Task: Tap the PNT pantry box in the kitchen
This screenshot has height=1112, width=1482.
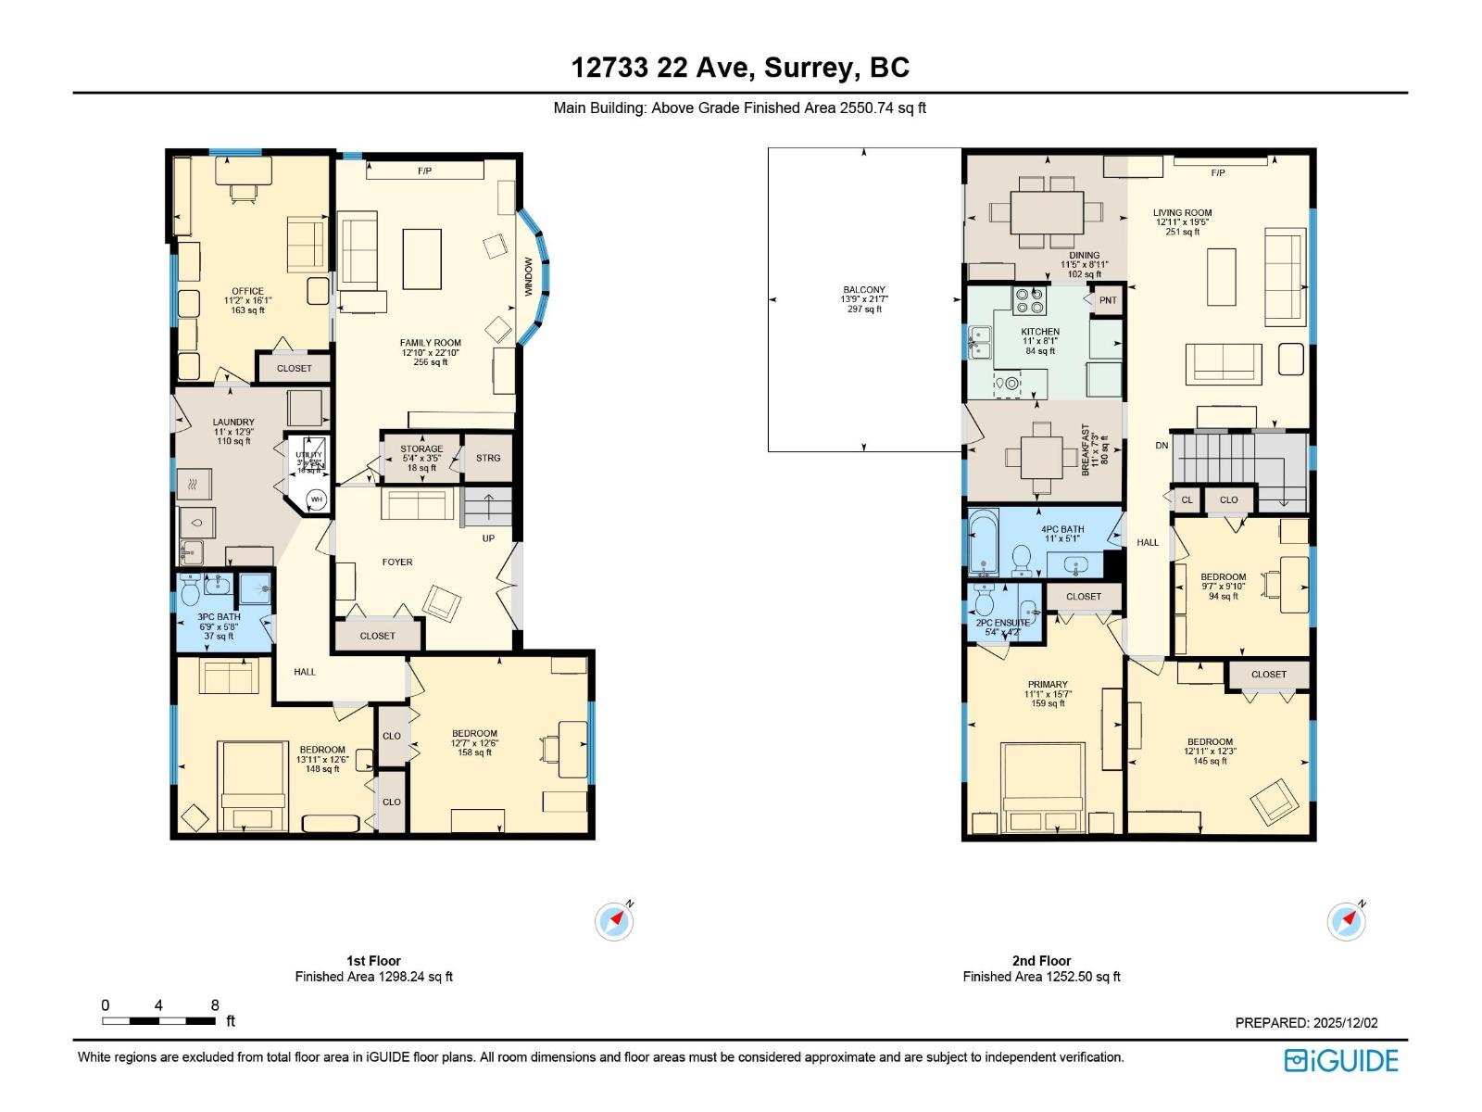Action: point(1108,300)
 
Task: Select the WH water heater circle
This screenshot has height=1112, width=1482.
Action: point(317,499)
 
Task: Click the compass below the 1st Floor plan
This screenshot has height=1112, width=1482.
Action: point(614,922)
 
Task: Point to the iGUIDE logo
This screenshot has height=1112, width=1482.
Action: point(1341,1060)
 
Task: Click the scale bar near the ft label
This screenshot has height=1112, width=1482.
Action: point(158,1021)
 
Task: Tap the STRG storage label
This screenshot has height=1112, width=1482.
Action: point(488,458)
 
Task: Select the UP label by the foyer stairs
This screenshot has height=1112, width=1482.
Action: point(488,538)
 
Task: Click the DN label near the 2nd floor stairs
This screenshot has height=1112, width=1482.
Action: point(1162,446)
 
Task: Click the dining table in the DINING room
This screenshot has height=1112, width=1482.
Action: point(1047,212)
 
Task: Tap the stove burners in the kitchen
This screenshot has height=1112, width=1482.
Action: point(1030,301)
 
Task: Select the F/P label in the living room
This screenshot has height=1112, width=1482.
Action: point(1217,173)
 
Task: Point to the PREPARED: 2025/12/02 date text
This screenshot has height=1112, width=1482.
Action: point(1306,1023)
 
